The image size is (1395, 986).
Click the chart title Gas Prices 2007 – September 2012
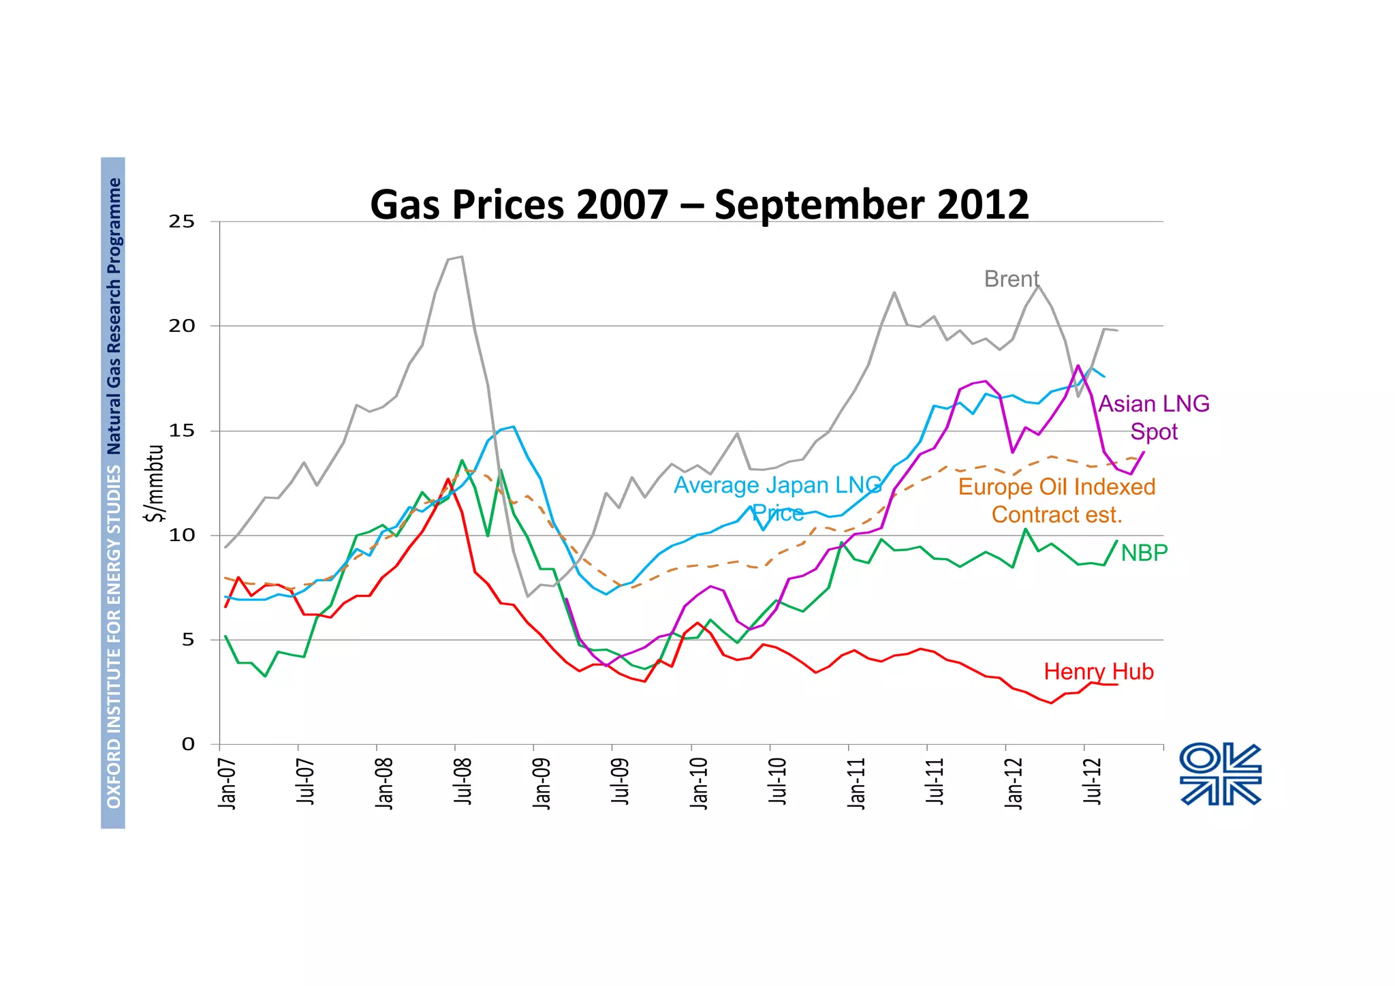(x=699, y=204)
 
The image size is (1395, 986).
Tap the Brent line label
(x=1011, y=279)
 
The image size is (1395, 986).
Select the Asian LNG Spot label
(x=1154, y=417)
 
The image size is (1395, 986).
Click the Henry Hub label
(x=1099, y=672)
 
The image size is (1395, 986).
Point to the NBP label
(x=1144, y=553)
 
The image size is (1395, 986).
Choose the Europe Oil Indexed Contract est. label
(x=1056, y=500)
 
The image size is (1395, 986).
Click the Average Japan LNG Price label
(x=778, y=498)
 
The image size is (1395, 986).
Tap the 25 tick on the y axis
(x=182, y=221)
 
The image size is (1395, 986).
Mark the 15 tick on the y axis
(x=182, y=431)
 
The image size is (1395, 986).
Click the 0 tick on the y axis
(x=188, y=744)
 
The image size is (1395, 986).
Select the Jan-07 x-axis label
(x=227, y=783)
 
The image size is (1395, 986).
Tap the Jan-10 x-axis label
(x=699, y=783)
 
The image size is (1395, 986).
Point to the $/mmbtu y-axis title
(x=156, y=482)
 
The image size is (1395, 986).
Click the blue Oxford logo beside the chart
(x=1220, y=775)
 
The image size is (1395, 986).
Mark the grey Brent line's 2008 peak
(x=462, y=257)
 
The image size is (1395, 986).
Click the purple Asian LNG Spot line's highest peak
(x=1078, y=366)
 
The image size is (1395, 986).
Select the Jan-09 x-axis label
(x=542, y=783)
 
